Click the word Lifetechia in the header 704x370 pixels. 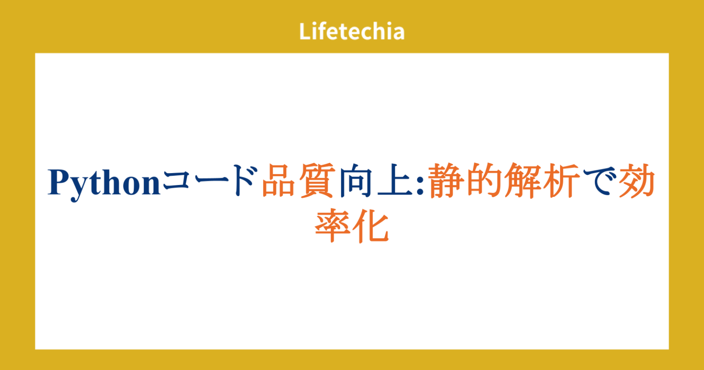pos(352,32)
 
